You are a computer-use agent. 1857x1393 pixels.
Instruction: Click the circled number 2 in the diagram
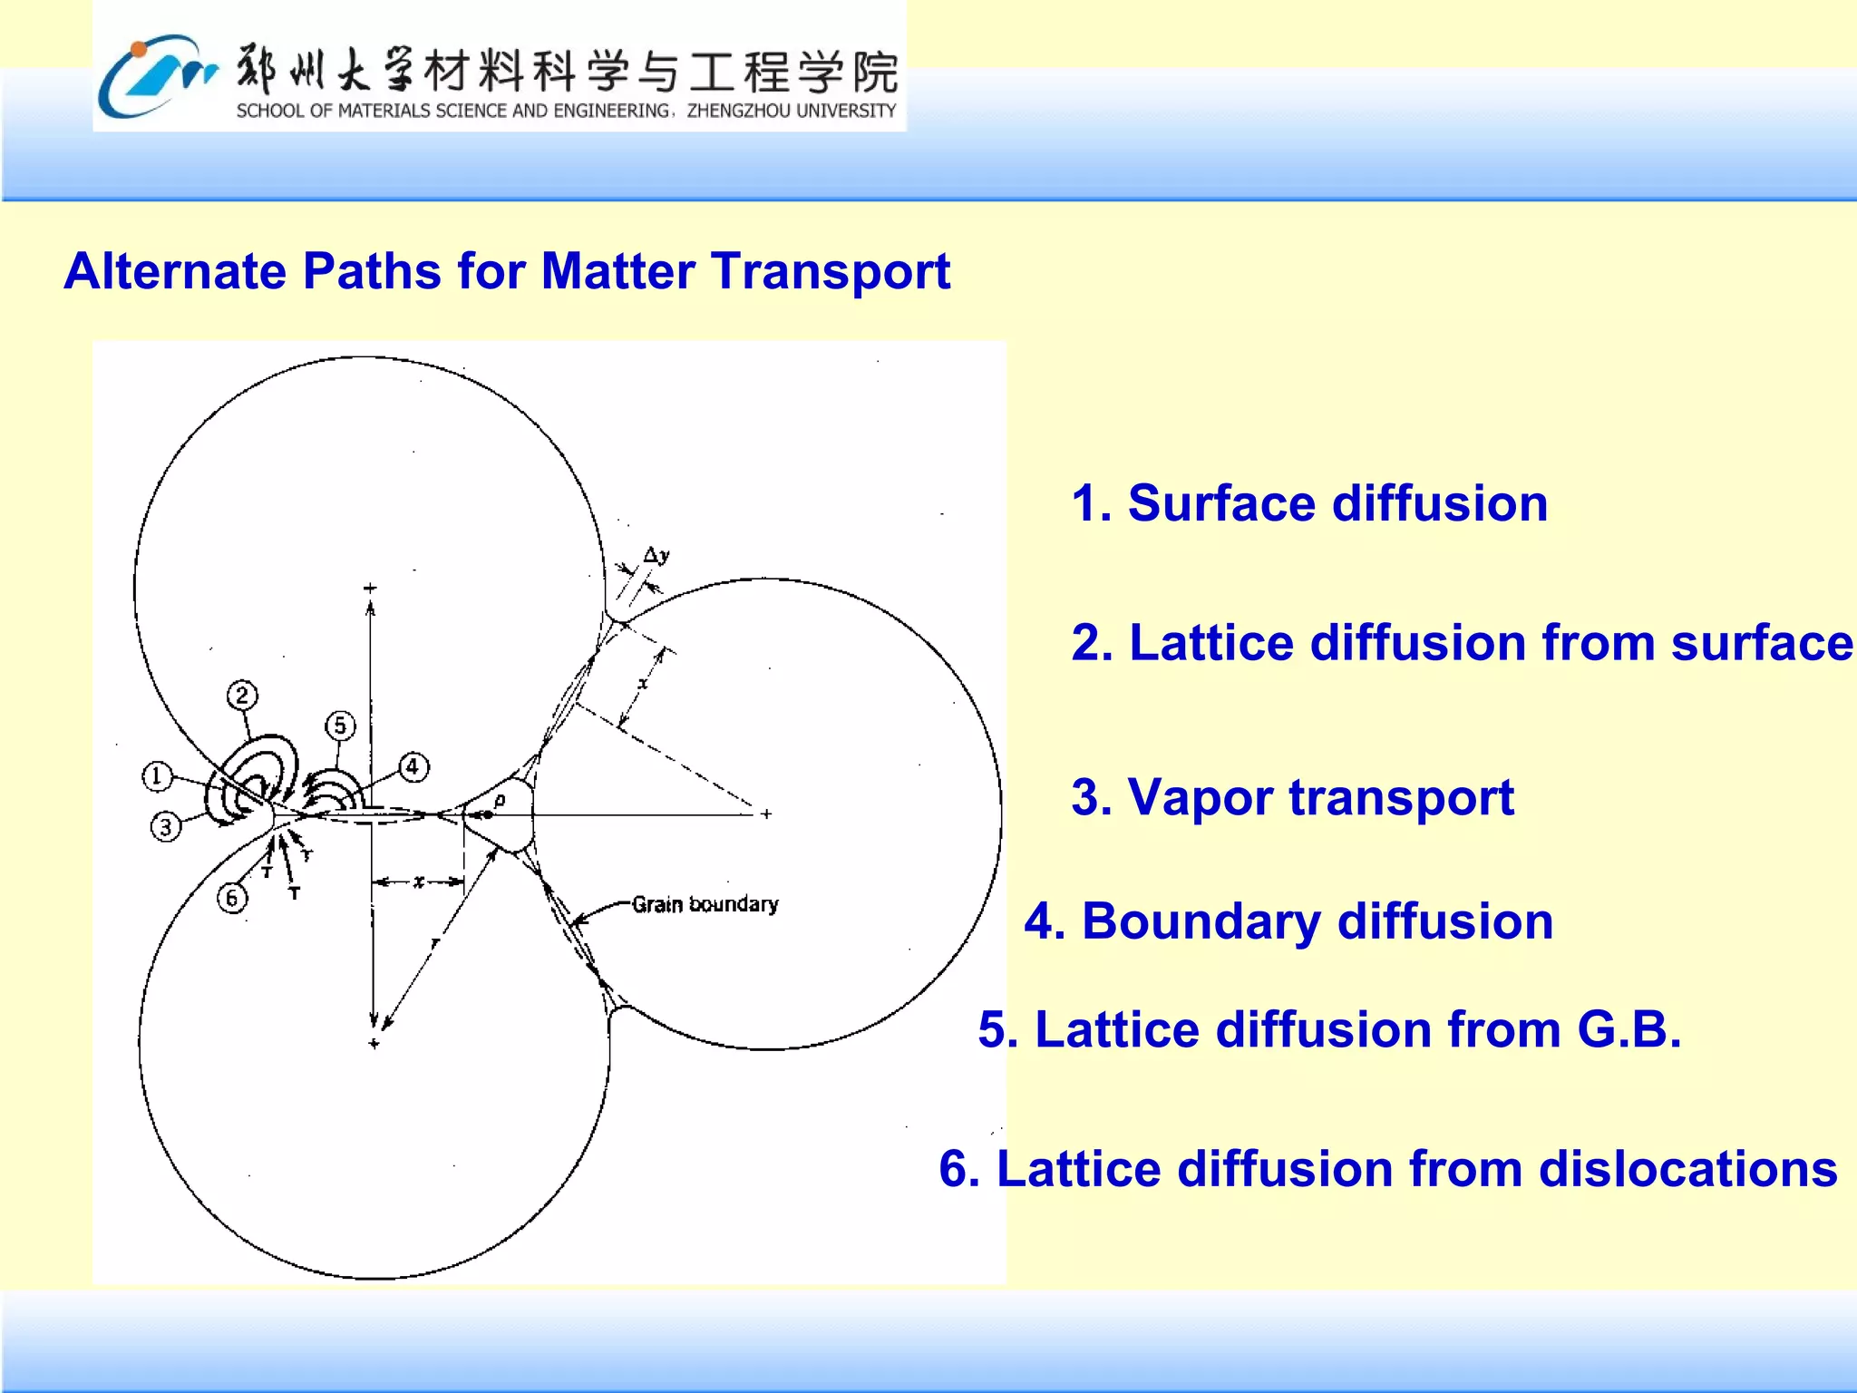[241, 696]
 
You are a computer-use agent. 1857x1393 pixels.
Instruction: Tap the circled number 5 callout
[340, 726]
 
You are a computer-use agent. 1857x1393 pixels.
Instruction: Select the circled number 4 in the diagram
[413, 767]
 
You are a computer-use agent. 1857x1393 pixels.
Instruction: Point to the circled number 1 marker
[157, 776]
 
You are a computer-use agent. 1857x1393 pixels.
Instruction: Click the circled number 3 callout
[165, 827]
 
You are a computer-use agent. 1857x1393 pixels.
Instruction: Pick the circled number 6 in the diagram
[232, 898]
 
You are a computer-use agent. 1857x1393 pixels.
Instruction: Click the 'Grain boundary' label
[705, 904]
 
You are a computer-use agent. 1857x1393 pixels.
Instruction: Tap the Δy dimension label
[656, 555]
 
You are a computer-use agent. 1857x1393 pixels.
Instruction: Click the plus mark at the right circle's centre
[766, 814]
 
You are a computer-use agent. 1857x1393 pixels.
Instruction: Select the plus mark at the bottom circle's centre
[374, 1044]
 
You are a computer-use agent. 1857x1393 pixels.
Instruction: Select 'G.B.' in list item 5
[1629, 1030]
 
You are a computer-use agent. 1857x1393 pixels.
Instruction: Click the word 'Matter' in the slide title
[617, 271]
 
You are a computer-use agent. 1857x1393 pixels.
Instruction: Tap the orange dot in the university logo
[138, 49]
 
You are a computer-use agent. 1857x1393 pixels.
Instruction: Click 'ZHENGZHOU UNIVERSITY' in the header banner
[791, 112]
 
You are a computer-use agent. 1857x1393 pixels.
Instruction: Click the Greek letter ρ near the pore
[500, 801]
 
